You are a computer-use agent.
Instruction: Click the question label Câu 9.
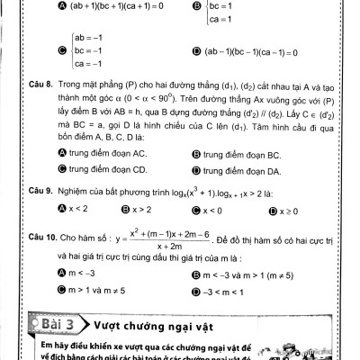[42, 192]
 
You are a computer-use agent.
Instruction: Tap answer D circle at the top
[196, 50]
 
